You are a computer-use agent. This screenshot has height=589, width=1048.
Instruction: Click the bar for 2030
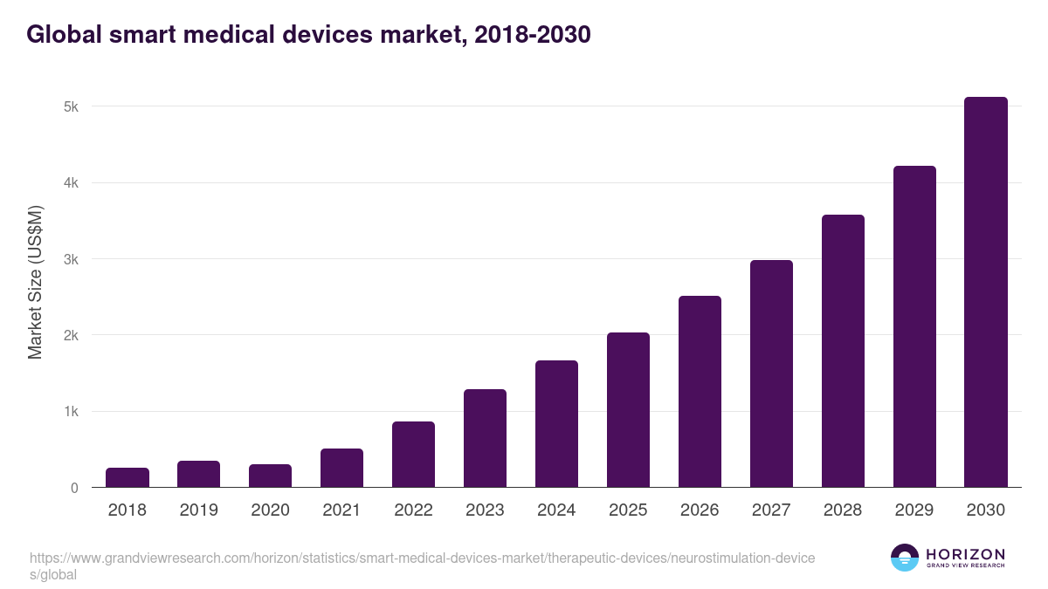(986, 292)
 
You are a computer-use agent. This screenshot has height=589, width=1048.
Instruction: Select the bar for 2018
(128, 477)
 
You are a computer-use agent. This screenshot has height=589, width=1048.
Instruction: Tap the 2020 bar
(271, 476)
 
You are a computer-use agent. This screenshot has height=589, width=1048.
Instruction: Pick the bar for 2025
(629, 410)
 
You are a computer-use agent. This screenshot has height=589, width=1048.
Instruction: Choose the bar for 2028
(843, 351)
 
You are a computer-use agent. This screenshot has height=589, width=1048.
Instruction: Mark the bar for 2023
(486, 438)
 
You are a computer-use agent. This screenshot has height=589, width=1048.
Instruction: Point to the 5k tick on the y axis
(71, 106)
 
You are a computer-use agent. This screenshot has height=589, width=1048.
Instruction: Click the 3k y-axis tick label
(71, 259)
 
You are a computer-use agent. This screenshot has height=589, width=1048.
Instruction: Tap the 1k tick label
(71, 412)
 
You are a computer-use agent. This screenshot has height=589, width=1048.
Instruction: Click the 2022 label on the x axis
(414, 510)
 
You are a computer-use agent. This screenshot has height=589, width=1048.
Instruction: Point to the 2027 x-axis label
(772, 510)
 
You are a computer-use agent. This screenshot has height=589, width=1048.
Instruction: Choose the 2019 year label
(199, 510)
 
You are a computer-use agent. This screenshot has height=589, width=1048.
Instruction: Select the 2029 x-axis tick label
(915, 510)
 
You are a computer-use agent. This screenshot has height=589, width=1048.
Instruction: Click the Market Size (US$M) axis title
(35, 282)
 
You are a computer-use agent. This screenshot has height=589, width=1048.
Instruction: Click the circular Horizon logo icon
(904, 558)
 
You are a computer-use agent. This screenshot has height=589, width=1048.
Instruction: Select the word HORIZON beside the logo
(964, 554)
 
